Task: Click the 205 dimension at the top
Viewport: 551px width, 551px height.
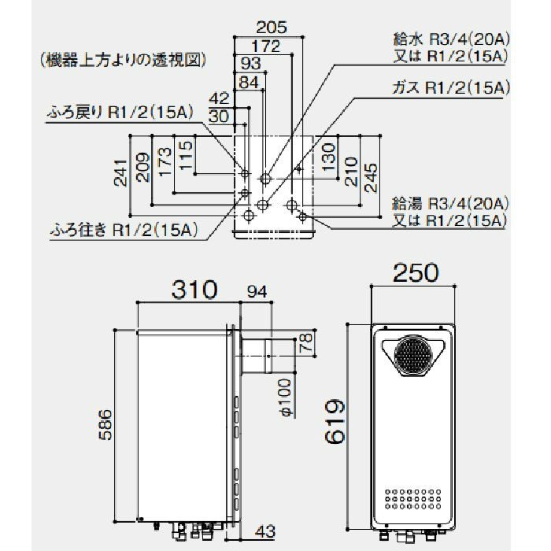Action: point(271,26)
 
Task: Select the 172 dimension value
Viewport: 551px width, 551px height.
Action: point(265,46)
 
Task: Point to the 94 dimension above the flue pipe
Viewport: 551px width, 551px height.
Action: point(257,291)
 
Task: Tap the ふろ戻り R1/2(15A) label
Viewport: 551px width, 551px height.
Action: point(118,113)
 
